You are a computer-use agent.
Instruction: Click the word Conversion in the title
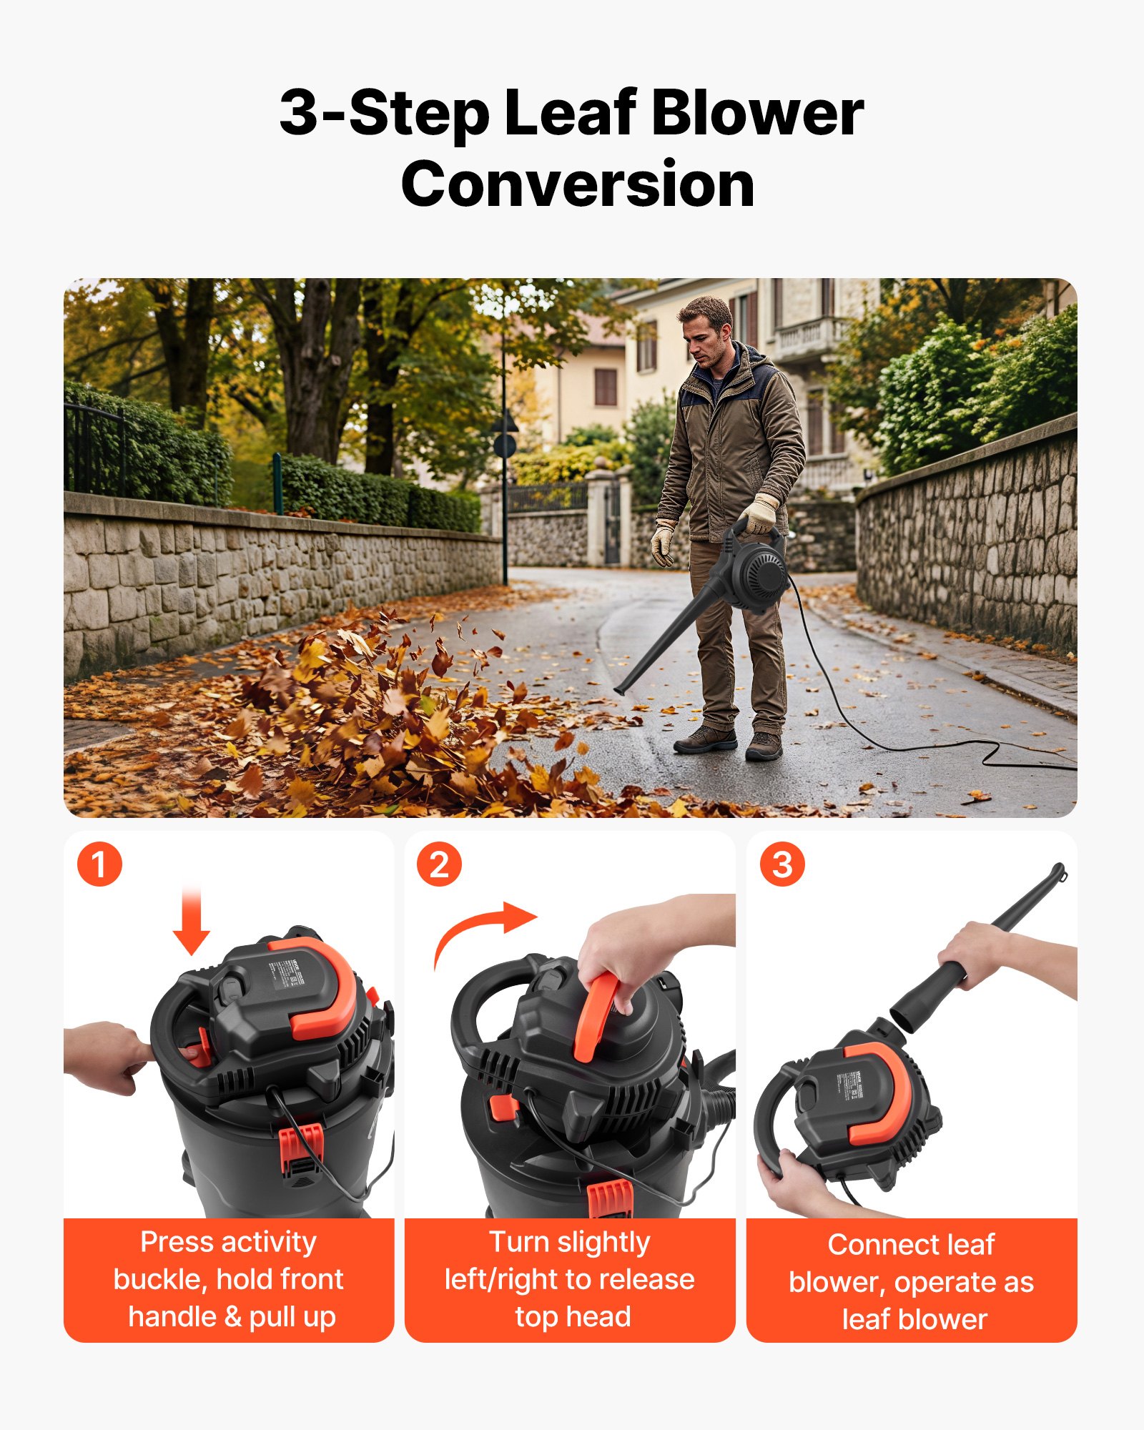pyautogui.click(x=578, y=184)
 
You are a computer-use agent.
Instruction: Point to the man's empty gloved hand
pyautogui.click(x=663, y=543)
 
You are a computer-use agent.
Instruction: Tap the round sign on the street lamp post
pyautogui.click(x=505, y=445)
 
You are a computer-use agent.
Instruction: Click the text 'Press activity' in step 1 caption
pyautogui.click(x=228, y=1243)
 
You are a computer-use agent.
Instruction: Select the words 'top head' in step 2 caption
pyautogui.click(x=573, y=1317)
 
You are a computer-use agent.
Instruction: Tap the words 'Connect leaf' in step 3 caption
pyautogui.click(x=911, y=1245)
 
